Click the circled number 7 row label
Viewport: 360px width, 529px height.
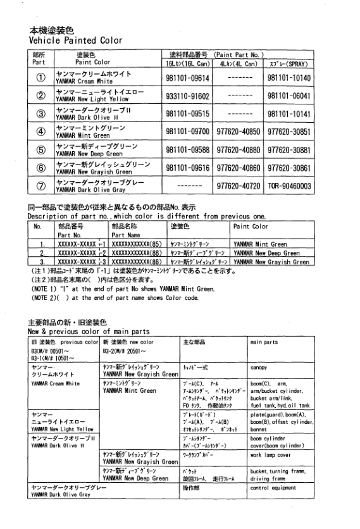pyautogui.click(x=39, y=185)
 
